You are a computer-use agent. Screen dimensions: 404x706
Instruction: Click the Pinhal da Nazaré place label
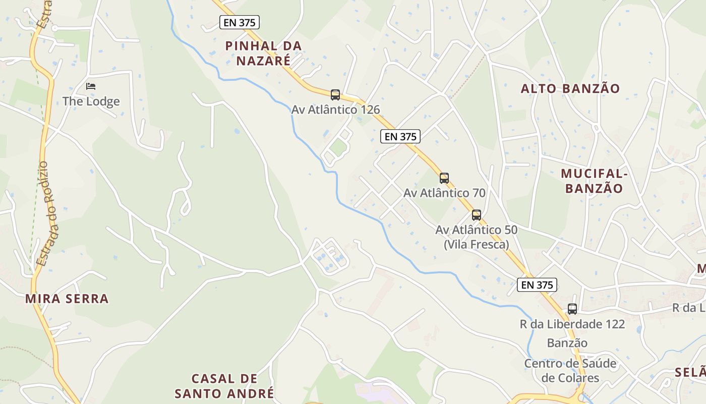(x=263, y=53)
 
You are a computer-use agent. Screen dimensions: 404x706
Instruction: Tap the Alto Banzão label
(x=570, y=89)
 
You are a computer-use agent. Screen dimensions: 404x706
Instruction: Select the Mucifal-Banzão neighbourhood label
(x=594, y=181)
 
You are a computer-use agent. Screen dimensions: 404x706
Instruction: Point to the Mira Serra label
(x=67, y=298)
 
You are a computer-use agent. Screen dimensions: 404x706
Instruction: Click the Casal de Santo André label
(x=224, y=386)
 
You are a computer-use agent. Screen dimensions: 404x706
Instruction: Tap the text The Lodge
(x=91, y=102)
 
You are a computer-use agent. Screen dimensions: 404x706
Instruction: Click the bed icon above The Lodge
(x=91, y=86)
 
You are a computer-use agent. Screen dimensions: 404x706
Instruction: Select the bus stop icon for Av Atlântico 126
(x=335, y=94)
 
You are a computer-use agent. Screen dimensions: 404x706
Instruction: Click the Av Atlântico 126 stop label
(x=335, y=110)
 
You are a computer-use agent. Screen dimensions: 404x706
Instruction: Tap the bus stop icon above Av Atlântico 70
(x=444, y=178)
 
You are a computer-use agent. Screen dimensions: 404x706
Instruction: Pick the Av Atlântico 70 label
(x=444, y=193)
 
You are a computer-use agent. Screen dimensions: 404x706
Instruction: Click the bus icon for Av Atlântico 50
(x=477, y=215)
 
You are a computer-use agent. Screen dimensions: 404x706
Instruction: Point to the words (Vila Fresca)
(x=477, y=245)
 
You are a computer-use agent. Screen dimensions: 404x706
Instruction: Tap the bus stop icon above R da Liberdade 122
(x=572, y=309)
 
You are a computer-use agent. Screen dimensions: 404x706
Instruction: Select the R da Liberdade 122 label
(x=572, y=324)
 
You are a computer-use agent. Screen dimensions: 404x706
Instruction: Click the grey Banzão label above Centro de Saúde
(x=567, y=343)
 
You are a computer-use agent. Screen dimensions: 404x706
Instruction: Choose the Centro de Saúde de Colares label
(x=570, y=371)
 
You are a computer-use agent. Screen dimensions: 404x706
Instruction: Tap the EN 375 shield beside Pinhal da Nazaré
(x=240, y=22)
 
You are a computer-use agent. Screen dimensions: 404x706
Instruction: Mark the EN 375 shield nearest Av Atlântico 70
(x=400, y=136)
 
